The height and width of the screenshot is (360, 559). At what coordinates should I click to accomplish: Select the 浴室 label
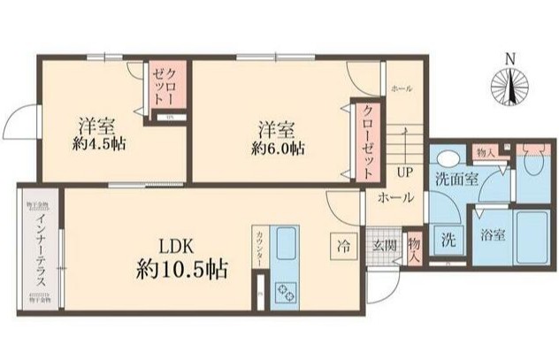coord(493,237)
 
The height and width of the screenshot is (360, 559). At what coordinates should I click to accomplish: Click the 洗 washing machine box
coord(448,238)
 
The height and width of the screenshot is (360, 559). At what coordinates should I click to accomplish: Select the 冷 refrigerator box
coord(342,244)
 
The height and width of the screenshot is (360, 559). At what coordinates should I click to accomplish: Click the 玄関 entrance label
coord(383,245)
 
